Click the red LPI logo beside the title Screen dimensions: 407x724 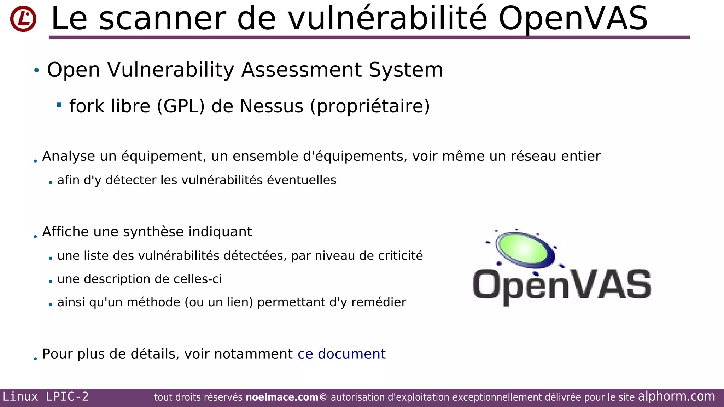click(x=23, y=19)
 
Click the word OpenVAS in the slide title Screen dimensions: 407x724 click(x=573, y=19)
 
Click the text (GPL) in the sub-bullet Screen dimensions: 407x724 click(x=181, y=106)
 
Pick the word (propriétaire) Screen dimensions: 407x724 click(x=370, y=106)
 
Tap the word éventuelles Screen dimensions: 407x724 click(x=302, y=180)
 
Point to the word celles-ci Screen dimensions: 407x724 click(x=198, y=279)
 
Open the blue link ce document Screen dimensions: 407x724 click(x=341, y=354)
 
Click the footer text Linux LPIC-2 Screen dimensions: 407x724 click(x=46, y=397)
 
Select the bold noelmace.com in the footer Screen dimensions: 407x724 click(x=282, y=397)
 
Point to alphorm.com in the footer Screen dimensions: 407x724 click(x=676, y=396)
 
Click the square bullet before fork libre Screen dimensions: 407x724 click(x=59, y=105)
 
